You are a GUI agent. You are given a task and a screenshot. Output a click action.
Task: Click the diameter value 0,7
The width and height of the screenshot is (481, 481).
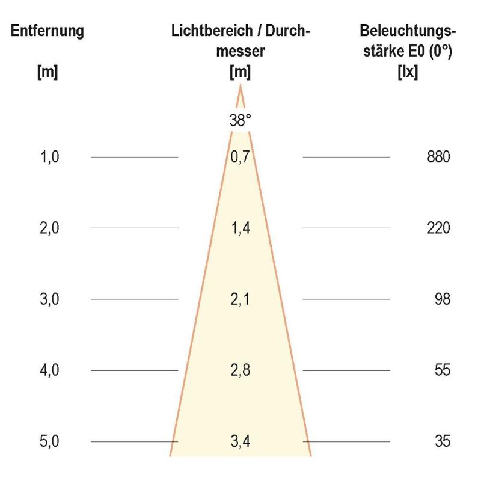click(240, 158)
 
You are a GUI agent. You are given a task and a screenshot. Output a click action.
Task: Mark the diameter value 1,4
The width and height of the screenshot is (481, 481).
click(240, 228)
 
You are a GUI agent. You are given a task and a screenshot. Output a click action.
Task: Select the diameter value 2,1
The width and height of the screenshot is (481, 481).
click(240, 299)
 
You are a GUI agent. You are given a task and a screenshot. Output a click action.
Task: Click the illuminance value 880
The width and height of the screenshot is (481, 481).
click(438, 158)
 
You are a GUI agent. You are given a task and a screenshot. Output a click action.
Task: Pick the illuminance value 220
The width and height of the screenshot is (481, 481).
click(438, 228)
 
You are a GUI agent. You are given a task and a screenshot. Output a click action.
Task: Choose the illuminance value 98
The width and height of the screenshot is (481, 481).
click(442, 299)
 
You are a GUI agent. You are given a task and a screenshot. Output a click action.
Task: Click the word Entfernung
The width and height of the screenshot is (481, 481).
click(47, 31)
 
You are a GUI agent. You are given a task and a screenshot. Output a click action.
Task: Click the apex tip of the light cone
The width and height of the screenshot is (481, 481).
click(240, 87)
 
